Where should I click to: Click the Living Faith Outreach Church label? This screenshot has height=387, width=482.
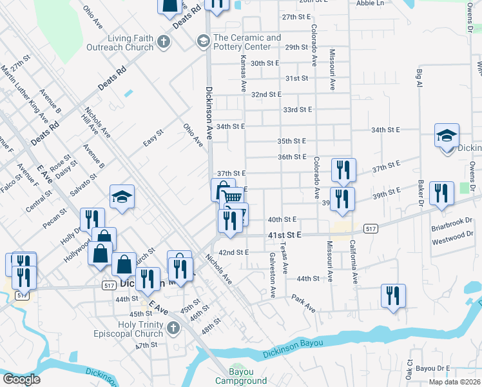click(131, 43)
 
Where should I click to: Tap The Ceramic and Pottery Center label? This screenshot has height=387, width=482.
click(247, 43)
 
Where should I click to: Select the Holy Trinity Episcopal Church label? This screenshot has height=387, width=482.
click(136, 329)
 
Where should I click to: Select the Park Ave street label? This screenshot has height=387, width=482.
click(303, 303)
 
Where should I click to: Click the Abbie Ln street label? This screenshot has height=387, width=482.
click(370, 3)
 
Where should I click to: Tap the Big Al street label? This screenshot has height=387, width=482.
click(420, 79)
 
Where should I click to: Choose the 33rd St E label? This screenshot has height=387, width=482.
click(297, 110)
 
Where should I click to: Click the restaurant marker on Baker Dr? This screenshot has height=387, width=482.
click(441, 193)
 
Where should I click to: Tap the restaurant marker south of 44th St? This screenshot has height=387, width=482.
click(393, 296)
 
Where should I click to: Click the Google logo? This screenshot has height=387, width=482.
click(21, 379)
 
